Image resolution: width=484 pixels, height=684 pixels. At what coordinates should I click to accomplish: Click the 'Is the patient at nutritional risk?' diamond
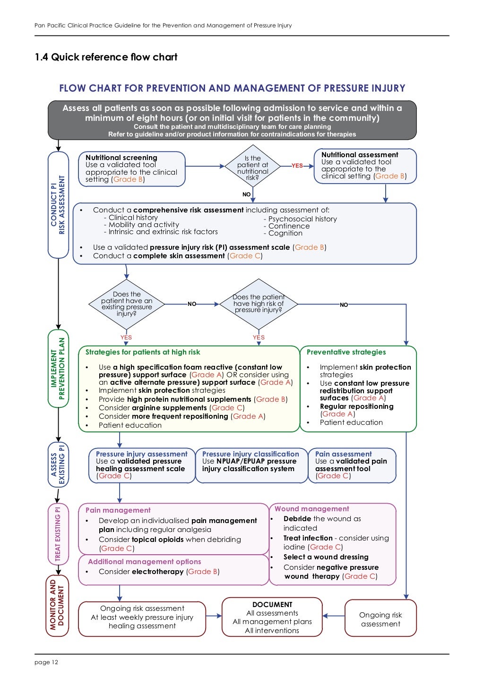point(252,166)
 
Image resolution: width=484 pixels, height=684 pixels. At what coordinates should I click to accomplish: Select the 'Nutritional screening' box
point(132,169)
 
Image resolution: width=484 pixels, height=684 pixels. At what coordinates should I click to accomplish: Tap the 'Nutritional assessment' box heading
point(360,154)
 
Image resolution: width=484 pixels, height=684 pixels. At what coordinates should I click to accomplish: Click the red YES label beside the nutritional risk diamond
point(297,166)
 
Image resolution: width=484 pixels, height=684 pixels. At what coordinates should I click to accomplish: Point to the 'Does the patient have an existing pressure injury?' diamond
point(127,304)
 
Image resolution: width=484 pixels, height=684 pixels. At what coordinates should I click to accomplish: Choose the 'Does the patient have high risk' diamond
point(259,304)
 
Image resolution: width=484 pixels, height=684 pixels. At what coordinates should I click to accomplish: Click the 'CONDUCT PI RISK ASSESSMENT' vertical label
point(58,205)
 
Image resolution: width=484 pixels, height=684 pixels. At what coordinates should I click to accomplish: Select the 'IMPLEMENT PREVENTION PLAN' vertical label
point(58,368)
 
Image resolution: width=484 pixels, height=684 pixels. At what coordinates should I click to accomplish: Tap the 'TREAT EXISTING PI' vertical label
point(58,534)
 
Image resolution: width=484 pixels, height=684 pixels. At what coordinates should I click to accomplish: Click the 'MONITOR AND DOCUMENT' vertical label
point(58,606)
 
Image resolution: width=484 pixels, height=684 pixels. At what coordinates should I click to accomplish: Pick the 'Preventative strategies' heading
point(346,352)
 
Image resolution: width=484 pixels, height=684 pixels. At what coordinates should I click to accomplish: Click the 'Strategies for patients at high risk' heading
point(143,352)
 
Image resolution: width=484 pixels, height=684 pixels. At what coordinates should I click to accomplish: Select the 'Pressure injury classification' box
point(251,465)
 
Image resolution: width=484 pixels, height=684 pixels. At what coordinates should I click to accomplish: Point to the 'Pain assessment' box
point(352,465)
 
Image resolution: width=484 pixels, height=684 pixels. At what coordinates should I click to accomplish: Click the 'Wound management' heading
point(311,509)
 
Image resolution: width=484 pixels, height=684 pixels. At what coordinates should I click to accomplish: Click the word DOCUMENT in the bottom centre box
point(272,605)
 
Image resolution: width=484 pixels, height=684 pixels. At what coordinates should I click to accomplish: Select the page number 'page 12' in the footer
point(46,662)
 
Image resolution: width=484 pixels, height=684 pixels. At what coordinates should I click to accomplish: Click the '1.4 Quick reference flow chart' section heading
point(106,57)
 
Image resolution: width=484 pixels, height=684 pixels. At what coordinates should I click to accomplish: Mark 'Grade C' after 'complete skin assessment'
point(245,256)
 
